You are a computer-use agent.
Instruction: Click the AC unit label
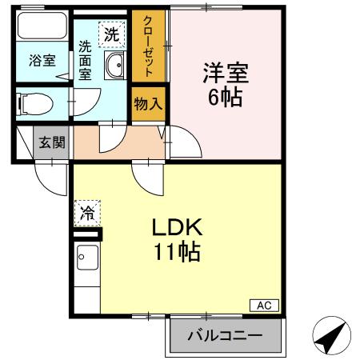pos(264,305)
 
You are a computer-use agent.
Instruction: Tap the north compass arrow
pos(332,337)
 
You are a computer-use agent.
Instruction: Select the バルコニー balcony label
pos(226,336)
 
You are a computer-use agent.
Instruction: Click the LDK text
pos(178,227)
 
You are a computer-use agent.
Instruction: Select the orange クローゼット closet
pos(149,44)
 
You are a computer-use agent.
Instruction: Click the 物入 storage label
pos(149,104)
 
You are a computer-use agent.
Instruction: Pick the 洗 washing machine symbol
pos(111,34)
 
